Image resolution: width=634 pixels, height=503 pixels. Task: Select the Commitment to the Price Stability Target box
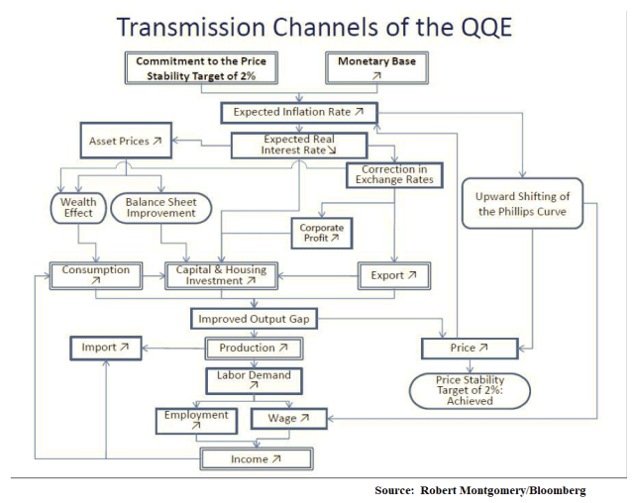point(201,67)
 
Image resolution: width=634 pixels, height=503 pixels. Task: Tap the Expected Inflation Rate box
point(298,113)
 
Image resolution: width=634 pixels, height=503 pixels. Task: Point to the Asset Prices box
point(125,142)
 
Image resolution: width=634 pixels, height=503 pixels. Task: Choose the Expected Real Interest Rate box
point(298,146)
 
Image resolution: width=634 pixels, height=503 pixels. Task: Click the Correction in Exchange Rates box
point(394,176)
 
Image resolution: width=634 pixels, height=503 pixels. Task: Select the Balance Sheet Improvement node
point(161,208)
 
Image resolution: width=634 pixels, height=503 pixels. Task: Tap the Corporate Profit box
point(320,233)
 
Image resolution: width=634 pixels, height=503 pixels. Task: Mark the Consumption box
point(96,275)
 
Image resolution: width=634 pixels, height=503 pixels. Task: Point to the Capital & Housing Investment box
point(221,275)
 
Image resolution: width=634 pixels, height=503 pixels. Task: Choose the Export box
point(393,275)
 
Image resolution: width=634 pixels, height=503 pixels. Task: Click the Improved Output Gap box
point(256,319)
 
